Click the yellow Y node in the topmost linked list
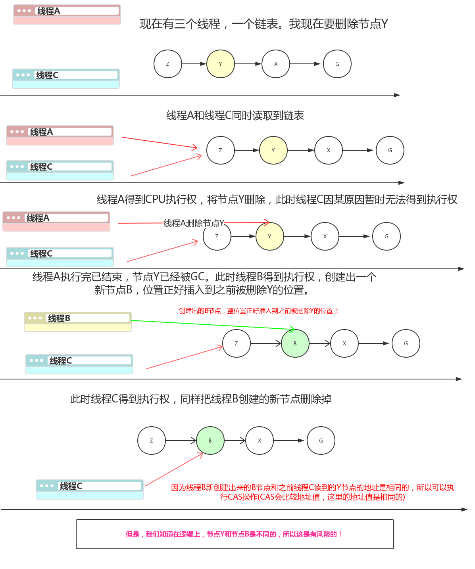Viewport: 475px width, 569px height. (220, 64)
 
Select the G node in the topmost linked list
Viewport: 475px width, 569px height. (337, 64)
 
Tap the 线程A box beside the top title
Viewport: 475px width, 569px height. (67, 15)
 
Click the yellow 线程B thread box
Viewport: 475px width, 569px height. (78, 322)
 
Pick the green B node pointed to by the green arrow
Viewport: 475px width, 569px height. (295, 343)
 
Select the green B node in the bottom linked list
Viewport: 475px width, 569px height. (210, 441)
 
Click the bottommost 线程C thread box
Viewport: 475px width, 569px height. (90, 489)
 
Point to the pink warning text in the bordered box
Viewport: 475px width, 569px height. (234, 534)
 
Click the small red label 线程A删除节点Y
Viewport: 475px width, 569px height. (194, 223)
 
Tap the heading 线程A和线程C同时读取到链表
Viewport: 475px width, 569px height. (235, 115)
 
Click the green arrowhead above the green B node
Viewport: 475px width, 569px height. (292, 329)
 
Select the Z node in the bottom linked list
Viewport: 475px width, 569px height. (151, 441)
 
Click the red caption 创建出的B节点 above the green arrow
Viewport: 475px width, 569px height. (259, 311)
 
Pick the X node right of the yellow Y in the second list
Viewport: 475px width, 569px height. (328, 150)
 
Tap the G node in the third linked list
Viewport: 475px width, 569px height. (386, 236)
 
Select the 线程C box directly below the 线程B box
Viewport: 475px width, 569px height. (79, 364)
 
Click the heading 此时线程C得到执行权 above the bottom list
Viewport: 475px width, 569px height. (201, 399)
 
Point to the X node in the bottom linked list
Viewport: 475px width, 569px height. (260, 441)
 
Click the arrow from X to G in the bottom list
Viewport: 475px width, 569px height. (289, 441)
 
